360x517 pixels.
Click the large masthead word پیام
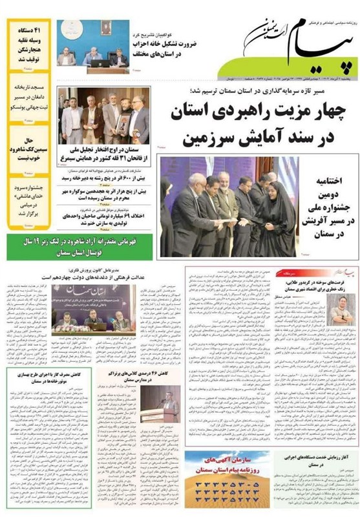pos(304,47)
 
